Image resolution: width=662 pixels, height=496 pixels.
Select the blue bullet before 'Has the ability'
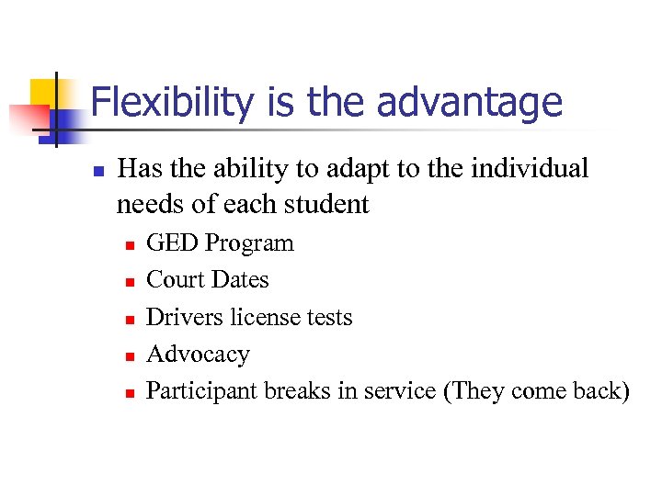click(97, 171)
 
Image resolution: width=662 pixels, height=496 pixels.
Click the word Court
click(174, 279)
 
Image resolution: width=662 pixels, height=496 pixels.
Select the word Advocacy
click(198, 355)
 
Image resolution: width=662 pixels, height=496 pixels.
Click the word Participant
click(202, 391)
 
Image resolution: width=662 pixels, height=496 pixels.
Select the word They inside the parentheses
click(473, 391)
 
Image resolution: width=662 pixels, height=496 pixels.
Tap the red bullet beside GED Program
click(130, 245)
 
